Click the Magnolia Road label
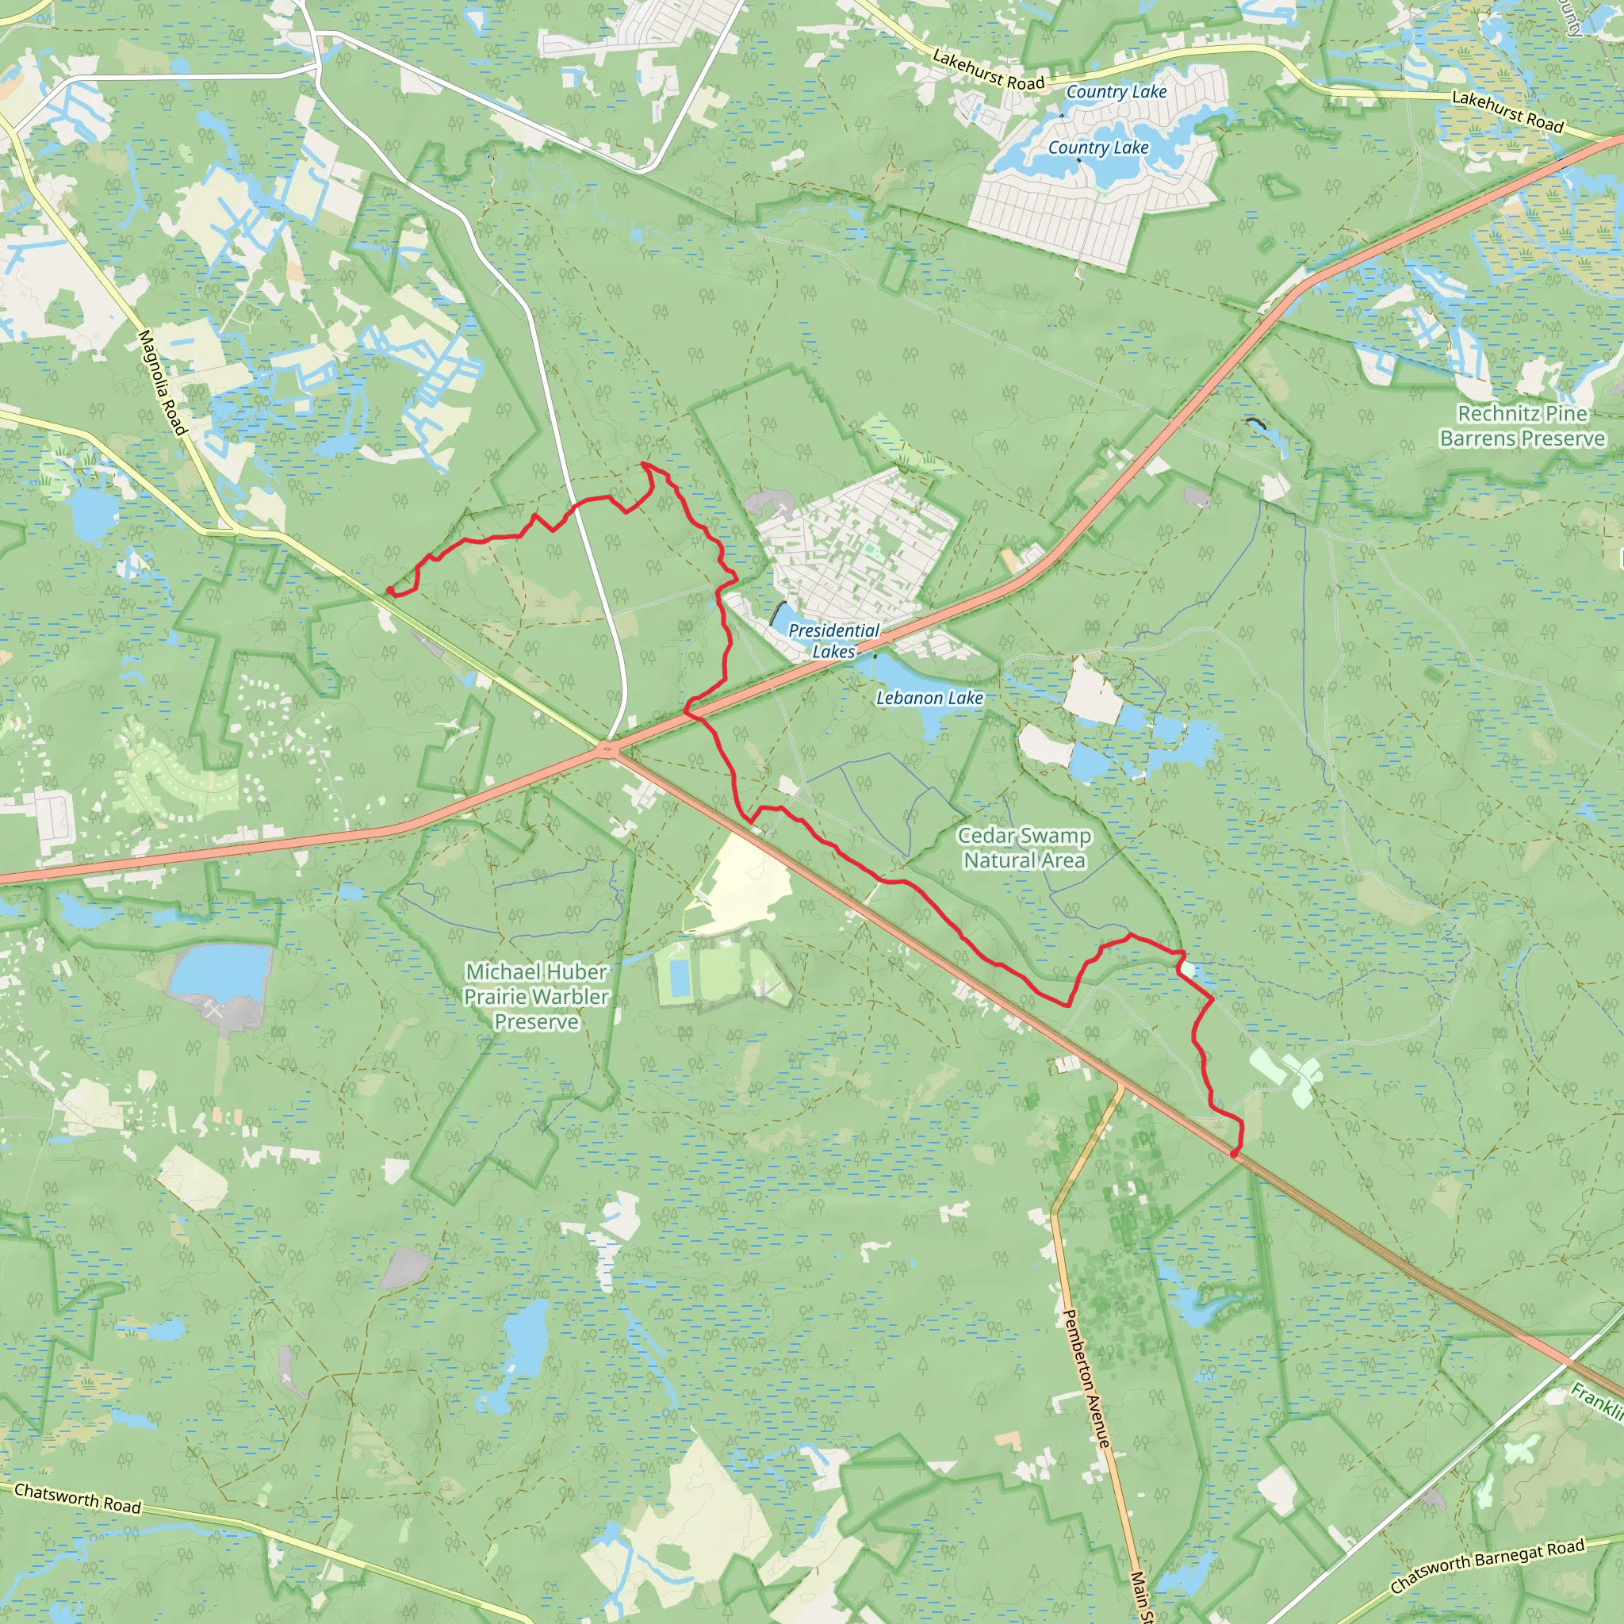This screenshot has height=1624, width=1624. [162, 382]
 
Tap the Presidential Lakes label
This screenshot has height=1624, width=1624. [833, 641]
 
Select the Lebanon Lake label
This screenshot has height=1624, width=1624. [929, 698]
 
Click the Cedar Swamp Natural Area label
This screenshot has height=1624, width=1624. [1024, 848]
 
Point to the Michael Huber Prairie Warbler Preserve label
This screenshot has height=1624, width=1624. [536, 996]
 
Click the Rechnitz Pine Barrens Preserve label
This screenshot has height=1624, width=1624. [1522, 425]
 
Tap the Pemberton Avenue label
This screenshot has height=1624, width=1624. [1087, 1377]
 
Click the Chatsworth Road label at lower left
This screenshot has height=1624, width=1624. [78, 1498]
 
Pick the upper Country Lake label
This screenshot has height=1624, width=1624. [1116, 92]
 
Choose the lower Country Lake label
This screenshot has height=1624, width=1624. [1097, 148]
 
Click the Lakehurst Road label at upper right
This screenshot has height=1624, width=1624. [1507, 112]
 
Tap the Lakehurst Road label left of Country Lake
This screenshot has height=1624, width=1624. [988, 71]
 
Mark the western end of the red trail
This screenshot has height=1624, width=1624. [389, 591]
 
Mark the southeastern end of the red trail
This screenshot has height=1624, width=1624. [1234, 1154]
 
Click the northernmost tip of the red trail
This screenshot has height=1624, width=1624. [643, 463]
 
